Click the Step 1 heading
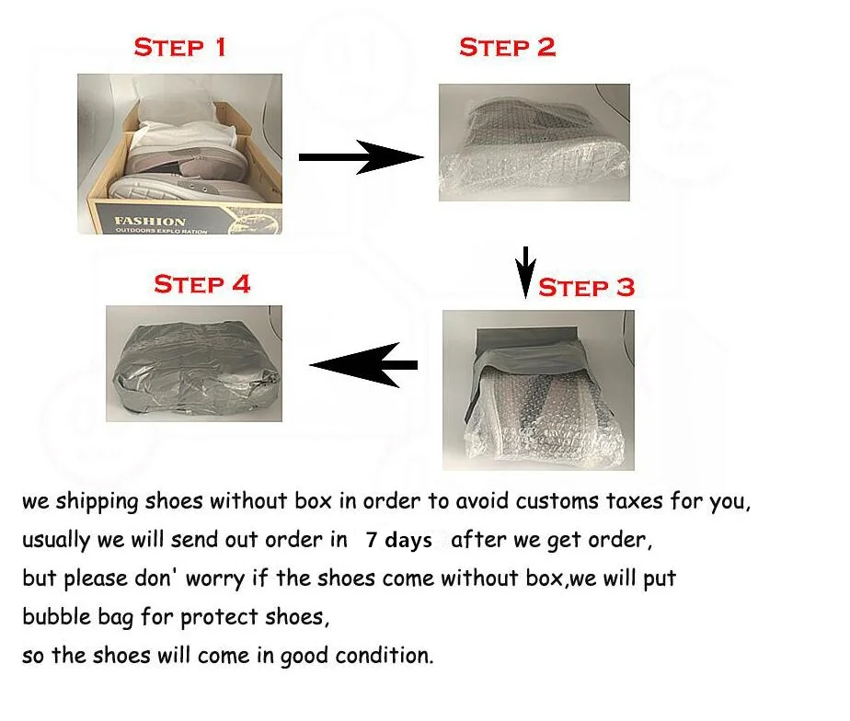tap(179, 47)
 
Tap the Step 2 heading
tap(508, 47)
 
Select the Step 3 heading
tap(586, 287)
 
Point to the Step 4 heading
tap(202, 284)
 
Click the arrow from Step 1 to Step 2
tap(361, 157)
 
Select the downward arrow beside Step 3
tap(524, 272)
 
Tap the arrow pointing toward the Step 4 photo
tap(363, 365)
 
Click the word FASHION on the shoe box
tap(150, 222)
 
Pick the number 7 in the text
tap(372, 540)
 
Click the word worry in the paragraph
tap(215, 579)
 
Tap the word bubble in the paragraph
tap(56, 616)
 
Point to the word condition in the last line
tap(385, 656)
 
